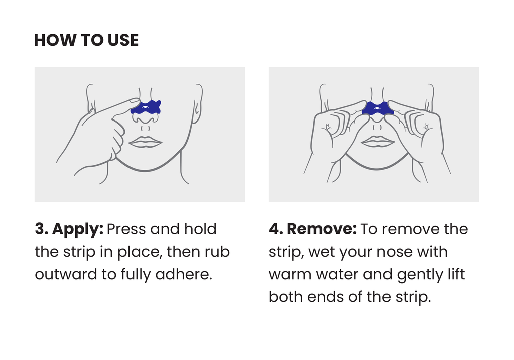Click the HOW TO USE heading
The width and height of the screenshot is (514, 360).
pos(86,40)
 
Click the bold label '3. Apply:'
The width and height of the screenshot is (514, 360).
pos(69,229)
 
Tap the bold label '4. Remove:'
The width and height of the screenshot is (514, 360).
pos(312,229)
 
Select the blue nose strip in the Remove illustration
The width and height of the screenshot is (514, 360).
pos(377,108)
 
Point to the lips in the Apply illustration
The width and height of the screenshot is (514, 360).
pos(146,142)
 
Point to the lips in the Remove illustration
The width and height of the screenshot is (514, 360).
pos(377,142)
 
